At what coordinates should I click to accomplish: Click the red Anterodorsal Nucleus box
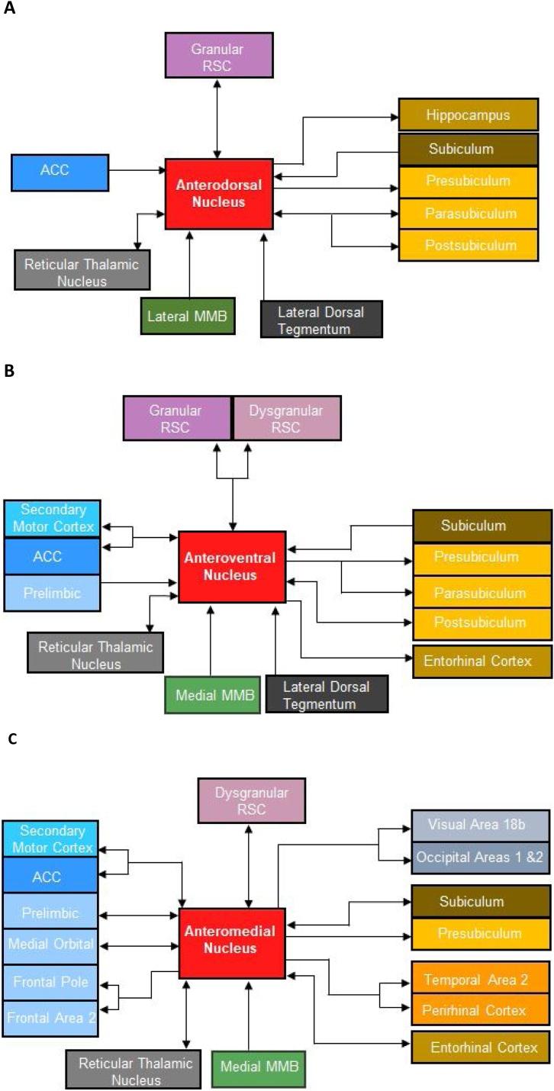click(x=219, y=193)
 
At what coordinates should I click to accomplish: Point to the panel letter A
click(x=9, y=13)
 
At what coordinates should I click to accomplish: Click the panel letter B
click(x=9, y=371)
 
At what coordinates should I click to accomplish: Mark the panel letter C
click(x=9, y=739)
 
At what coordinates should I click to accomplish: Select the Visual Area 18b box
click(x=480, y=825)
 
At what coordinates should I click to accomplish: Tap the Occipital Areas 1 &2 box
click(x=480, y=857)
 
